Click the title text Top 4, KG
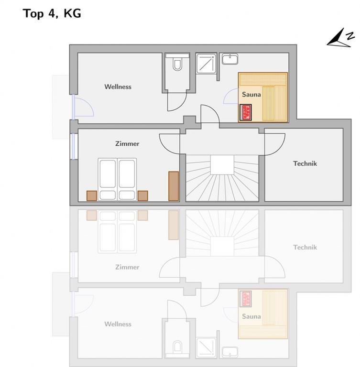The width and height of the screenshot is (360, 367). [x=52, y=13]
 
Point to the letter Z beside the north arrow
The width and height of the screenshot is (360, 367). [x=350, y=36]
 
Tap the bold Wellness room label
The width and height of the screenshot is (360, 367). [x=118, y=87]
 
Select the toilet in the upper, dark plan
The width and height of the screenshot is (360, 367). [x=177, y=64]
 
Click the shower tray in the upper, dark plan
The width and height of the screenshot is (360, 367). [x=206, y=64]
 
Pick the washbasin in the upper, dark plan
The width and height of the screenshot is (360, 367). [x=230, y=59]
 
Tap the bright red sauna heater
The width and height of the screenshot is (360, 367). [x=246, y=112]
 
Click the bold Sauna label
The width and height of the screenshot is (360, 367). [x=251, y=95]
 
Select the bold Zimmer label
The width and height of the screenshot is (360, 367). [x=127, y=144]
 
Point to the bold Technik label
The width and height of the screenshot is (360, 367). [x=305, y=163]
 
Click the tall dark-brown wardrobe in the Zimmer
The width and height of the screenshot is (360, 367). [x=174, y=186]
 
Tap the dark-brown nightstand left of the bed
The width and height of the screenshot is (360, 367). [x=92, y=195]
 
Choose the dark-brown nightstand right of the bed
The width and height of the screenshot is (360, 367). [x=142, y=195]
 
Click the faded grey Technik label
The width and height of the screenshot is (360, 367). [x=305, y=248]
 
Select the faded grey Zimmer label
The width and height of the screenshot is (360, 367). [x=127, y=267]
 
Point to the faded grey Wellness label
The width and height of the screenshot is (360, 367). [x=118, y=324]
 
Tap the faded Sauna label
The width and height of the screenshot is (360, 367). [x=251, y=316]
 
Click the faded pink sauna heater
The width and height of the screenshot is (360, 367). [x=246, y=299]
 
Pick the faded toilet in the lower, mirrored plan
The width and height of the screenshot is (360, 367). [x=177, y=346]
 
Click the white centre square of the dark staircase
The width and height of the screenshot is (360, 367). [x=222, y=165]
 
